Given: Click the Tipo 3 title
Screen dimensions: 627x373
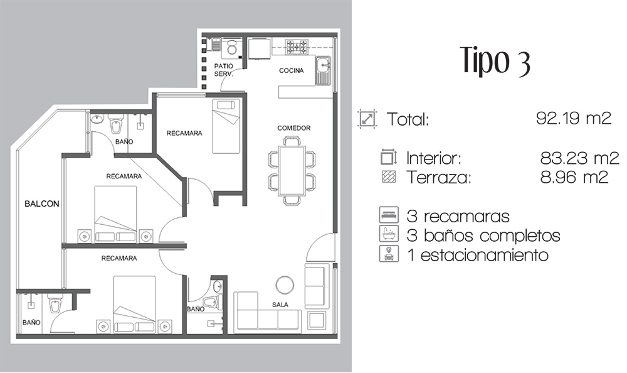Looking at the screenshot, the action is pos(496,60).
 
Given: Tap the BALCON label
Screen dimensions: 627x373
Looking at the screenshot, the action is pos(42,203).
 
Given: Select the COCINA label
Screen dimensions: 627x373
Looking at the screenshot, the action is pos(291,70).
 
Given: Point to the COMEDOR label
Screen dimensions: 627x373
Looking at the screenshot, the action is pos(294,128).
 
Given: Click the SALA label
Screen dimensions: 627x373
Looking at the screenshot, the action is pos(280,305).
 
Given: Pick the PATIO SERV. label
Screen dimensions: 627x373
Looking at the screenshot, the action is pos(224,70).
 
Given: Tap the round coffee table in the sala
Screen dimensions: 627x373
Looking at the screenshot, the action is pos(285,285).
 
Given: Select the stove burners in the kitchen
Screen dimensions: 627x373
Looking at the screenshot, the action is pos(297,47).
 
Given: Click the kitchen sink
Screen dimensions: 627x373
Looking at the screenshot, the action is pos(324,70).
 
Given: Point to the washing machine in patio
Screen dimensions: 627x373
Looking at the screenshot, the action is pos(231,48).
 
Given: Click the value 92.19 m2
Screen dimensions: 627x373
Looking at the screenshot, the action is pos(574,118).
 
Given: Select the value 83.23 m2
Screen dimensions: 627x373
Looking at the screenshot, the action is pos(579,158).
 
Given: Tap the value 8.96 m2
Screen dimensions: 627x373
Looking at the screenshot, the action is pos(574,177).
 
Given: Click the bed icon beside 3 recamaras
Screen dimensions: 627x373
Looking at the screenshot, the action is pos(389,215).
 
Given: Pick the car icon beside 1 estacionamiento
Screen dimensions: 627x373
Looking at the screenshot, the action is pos(389,254).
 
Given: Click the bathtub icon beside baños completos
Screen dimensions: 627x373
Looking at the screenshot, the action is pos(389,234).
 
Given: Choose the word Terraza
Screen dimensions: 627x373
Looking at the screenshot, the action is pos(439,178).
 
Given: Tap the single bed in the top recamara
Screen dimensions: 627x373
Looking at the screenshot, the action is pos(226,126).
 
